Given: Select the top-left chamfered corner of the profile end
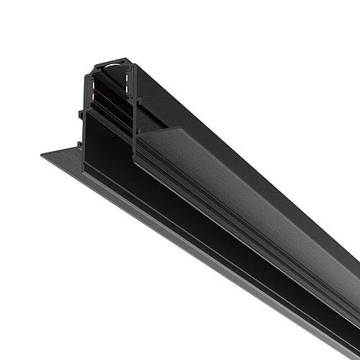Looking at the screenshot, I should click(93, 66).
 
